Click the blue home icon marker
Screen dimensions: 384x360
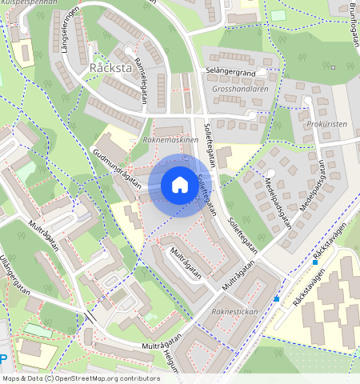pos(180,186)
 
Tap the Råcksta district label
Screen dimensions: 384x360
pos(111,67)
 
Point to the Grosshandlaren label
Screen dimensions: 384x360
pos(240,89)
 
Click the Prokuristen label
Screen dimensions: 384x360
pos(326,125)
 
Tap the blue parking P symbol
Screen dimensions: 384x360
pos(3,360)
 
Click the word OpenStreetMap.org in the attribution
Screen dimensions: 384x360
pos(91,378)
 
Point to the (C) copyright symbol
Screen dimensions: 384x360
pos(49,378)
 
